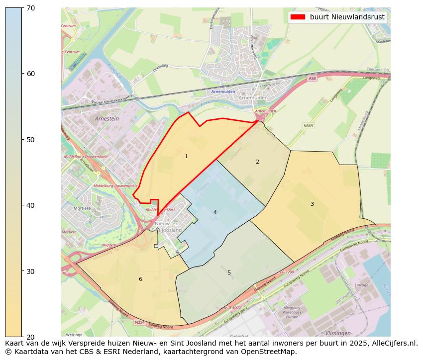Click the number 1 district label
pos(186,157)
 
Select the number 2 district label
pos(257,162)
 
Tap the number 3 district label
pos(312,204)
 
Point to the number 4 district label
pos(215,212)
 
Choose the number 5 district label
pos(229,272)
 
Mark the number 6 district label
pos(140,279)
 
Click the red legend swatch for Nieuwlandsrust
pos(298,17)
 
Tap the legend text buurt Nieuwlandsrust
pos(347,17)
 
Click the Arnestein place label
pos(107,119)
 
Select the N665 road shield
pos(308,126)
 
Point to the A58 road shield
pos(312,79)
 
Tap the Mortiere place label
pos(82,208)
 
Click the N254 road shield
pos(140,322)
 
